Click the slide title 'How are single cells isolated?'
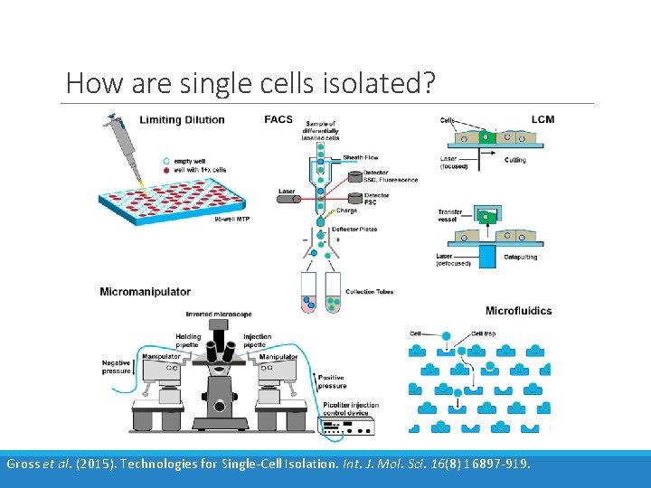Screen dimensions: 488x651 (250, 84)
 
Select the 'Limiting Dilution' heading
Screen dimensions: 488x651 (182, 120)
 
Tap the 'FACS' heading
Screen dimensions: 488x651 (278, 119)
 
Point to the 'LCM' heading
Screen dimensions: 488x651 (542, 119)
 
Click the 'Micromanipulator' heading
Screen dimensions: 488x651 (145, 291)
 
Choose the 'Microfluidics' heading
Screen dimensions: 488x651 (518, 311)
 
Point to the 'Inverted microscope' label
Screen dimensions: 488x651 (219, 314)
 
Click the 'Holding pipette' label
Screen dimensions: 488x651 (189, 341)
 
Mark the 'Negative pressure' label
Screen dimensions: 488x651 (116, 367)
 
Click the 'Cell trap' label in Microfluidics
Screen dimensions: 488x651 (483, 333)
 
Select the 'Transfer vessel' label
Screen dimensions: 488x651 (450, 216)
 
